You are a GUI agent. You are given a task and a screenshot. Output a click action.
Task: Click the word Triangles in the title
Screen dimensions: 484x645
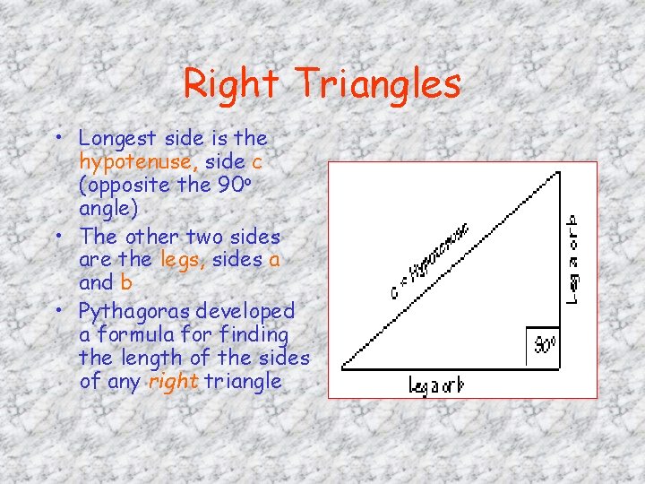coord(378,84)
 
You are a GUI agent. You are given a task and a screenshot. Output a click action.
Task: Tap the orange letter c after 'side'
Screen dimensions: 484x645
coord(257,161)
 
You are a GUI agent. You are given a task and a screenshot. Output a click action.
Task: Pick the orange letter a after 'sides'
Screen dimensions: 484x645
coord(275,260)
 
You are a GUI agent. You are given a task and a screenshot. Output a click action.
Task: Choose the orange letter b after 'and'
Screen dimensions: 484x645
coord(125,283)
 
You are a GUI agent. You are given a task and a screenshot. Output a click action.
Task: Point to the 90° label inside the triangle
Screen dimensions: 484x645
coord(545,344)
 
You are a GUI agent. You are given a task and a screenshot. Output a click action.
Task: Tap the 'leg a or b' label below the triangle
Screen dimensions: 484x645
coord(436,386)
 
